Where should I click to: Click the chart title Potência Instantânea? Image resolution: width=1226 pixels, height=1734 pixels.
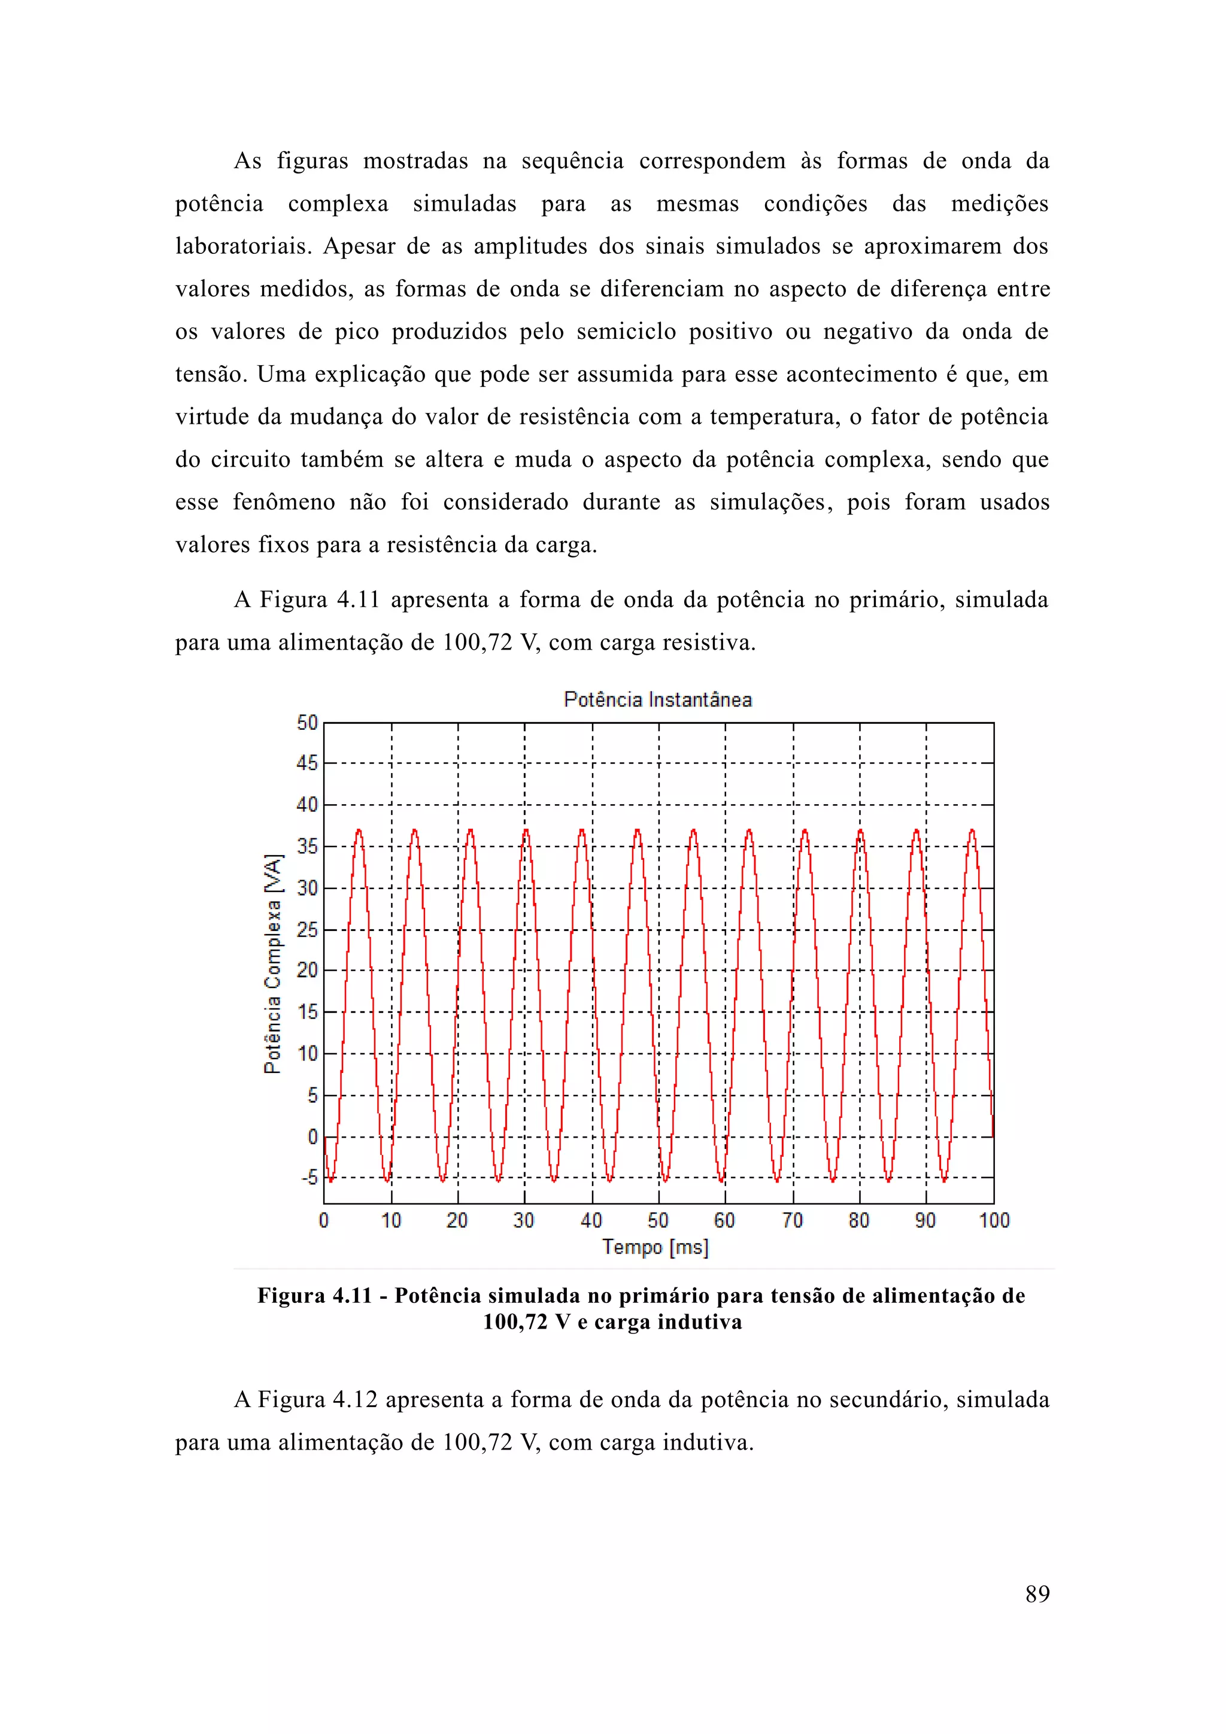point(657,699)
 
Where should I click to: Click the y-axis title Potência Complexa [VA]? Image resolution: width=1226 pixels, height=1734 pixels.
point(272,963)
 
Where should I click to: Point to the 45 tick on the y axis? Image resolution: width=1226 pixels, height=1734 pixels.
point(307,763)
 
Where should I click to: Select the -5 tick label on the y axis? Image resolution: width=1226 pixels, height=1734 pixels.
point(309,1177)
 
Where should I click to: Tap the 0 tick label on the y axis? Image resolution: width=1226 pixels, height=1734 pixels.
point(312,1136)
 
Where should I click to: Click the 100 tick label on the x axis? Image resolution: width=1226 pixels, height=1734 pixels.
point(994,1220)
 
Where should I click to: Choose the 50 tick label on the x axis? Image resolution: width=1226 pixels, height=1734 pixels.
point(657,1220)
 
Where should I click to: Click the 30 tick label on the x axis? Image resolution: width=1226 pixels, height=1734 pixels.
point(524,1220)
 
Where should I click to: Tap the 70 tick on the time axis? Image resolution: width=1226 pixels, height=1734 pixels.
point(793,1220)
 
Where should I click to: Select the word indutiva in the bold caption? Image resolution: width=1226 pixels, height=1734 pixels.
point(699,1321)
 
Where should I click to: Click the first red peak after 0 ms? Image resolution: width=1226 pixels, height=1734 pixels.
point(359,830)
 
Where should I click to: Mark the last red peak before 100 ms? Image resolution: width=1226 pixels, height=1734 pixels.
point(972,830)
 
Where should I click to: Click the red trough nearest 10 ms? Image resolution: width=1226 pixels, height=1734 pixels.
point(387,1180)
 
